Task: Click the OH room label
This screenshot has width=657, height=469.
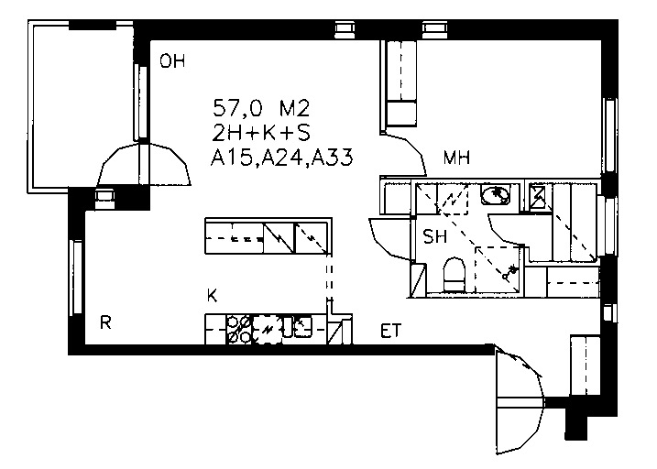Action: click(172, 62)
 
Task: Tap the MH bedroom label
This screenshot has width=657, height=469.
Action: click(456, 158)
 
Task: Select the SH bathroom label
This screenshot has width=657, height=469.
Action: click(435, 237)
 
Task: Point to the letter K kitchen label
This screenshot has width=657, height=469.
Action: click(212, 296)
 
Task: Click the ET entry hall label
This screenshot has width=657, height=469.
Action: click(390, 331)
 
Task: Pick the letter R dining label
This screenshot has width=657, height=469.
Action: click(105, 322)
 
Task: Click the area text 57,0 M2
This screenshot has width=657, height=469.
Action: click(261, 109)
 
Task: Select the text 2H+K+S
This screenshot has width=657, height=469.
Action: click(261, 133)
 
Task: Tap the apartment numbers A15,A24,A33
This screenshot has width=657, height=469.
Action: click(281, 158)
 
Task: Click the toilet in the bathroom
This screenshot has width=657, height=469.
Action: click(454, 274)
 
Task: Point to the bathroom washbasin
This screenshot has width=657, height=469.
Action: click(496, 195)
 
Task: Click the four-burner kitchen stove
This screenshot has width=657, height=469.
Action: click(239, 330)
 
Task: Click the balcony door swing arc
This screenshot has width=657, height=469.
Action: click(144, 164)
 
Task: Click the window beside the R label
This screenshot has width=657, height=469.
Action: click(77, 278)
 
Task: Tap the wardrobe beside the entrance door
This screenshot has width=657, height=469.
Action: click(586, 365)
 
